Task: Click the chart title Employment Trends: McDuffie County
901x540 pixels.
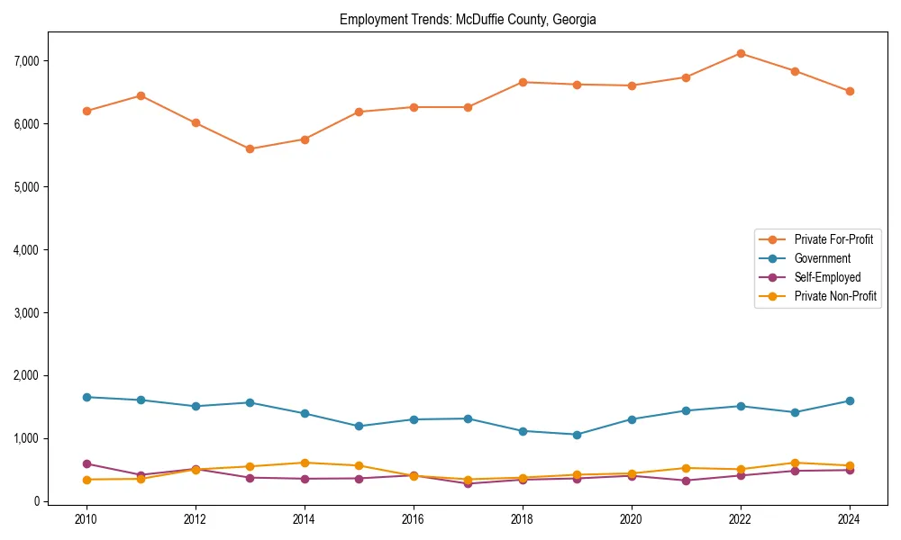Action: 468,19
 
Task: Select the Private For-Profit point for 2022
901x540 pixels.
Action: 741,53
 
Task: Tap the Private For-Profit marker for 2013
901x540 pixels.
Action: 250,149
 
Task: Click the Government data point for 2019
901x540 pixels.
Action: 577,435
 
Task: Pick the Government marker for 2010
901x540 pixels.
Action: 86,397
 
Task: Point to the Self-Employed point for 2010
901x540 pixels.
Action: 86,464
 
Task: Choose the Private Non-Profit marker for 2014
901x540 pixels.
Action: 305,463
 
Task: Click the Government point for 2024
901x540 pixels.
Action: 850,401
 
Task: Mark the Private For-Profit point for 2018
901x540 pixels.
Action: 523,82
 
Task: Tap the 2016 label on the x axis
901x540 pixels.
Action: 414,519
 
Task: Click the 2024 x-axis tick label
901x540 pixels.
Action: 850,519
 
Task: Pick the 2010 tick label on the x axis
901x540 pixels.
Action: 86,519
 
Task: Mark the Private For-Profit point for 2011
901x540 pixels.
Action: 141,95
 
